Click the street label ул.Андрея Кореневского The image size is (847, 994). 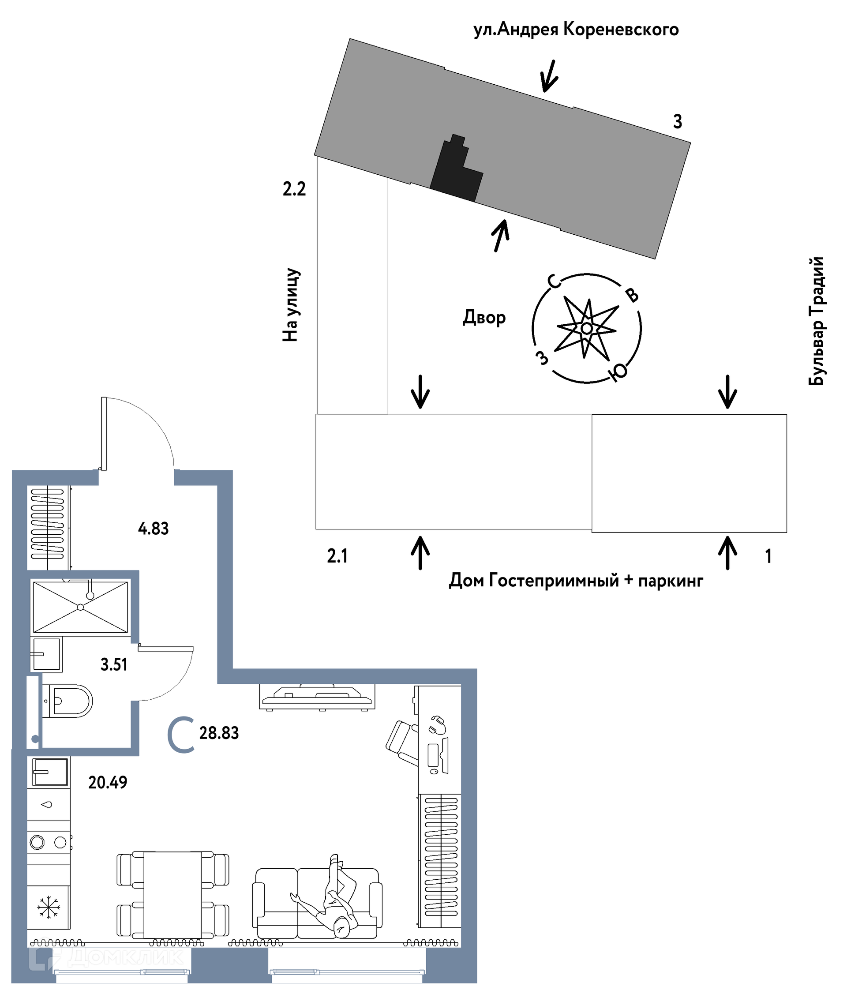576,30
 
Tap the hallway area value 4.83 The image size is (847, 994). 153,529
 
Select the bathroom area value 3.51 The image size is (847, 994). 114,664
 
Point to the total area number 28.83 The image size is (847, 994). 219,733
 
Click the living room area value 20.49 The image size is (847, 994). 108,782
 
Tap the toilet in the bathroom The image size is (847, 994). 67,701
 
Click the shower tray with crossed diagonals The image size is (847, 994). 80,608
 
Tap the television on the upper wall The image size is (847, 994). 317,697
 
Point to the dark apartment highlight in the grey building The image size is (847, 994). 456,169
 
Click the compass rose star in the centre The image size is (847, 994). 586,328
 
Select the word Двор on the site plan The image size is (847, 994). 484,318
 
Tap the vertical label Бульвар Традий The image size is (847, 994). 816,321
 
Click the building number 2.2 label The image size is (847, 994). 294,189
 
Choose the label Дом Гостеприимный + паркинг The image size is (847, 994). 576,581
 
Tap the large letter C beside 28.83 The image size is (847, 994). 181,735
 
